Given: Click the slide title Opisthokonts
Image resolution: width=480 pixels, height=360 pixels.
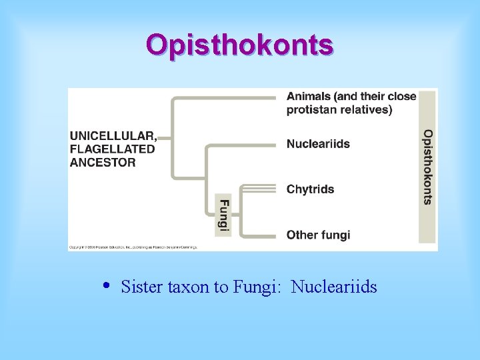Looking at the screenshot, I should tap(240, 45).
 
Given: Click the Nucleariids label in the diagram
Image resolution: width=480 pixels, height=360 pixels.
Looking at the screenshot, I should tap(318, 144).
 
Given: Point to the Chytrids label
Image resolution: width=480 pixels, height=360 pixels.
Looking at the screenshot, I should tap(310, 189).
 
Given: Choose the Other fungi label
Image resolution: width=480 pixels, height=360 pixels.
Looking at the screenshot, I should tap(318, 235).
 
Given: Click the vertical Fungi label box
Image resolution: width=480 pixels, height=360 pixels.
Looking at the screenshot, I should tap(224, 215).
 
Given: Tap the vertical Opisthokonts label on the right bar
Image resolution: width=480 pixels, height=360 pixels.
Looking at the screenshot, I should tap(427, 167).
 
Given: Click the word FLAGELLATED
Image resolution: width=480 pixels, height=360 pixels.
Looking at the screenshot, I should tap(112, 149).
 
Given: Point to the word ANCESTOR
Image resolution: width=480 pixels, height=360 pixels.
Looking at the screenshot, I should tap(103, 162).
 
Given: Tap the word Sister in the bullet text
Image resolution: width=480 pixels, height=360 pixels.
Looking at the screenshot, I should tap(138, 287).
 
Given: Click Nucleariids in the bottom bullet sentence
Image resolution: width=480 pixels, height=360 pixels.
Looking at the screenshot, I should tap(334, 287).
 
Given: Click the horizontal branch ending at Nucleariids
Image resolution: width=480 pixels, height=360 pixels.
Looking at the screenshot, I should tap(240, 144).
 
